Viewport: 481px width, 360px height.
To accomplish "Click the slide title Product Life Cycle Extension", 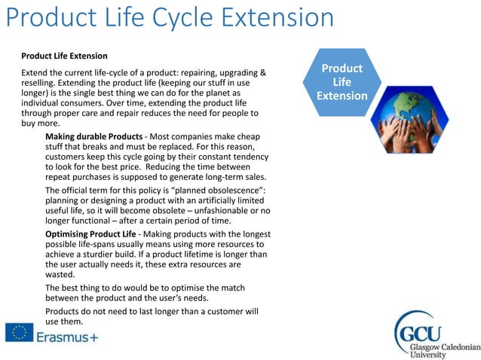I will click(x=170, y=18).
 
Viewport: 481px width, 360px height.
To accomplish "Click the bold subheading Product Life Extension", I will click(x=64, y=56).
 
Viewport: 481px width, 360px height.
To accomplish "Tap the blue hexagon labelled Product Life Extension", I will click(x=342, y=82).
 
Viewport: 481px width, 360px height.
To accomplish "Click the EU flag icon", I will click(x=18, y=333).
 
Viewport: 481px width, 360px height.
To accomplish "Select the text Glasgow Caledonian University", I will click(x=445, y=347).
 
